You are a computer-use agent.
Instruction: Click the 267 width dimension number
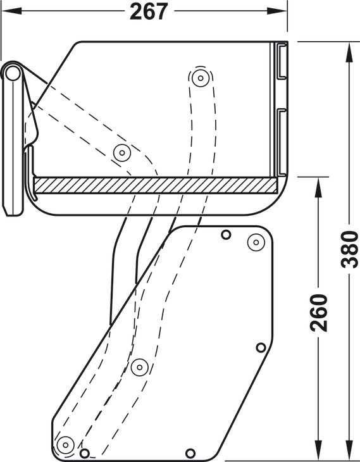149,11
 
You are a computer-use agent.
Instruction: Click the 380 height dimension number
349,249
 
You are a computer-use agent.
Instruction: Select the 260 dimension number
319,313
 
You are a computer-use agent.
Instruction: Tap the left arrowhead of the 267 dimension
12,11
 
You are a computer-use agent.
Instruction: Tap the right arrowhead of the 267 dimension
277,11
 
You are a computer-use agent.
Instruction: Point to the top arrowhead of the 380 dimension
349,53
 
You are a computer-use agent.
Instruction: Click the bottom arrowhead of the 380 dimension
349,450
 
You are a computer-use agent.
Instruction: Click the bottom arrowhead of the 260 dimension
319,450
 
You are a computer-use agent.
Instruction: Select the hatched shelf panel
156,185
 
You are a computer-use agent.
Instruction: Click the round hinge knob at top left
13,73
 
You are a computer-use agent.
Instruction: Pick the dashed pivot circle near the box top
201,78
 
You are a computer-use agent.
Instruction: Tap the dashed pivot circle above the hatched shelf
122,153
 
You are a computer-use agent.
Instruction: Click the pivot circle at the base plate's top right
256,242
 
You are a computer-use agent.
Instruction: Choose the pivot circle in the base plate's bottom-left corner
65,445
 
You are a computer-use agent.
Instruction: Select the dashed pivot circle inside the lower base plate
140,367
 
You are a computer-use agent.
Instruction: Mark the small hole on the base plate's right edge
261,347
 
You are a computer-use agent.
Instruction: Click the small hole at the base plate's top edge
226,235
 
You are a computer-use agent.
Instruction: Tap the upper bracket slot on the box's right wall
282,61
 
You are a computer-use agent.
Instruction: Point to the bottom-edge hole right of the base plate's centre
190,453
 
